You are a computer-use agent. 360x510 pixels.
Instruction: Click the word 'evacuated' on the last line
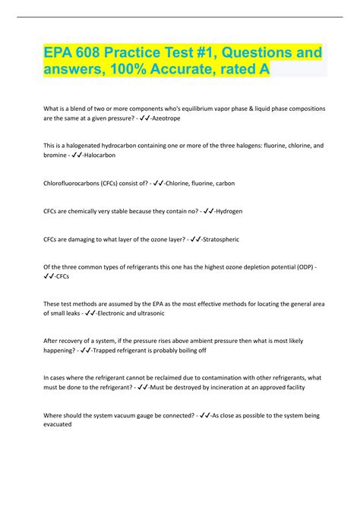coord(58,425)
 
